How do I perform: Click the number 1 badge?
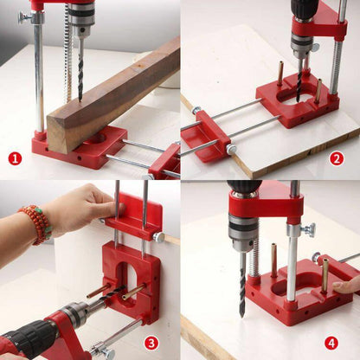pos(15,158)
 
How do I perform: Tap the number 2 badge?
pos(337,158)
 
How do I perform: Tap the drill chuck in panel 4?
pos(241,234)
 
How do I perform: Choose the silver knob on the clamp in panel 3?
pos(158,235)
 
